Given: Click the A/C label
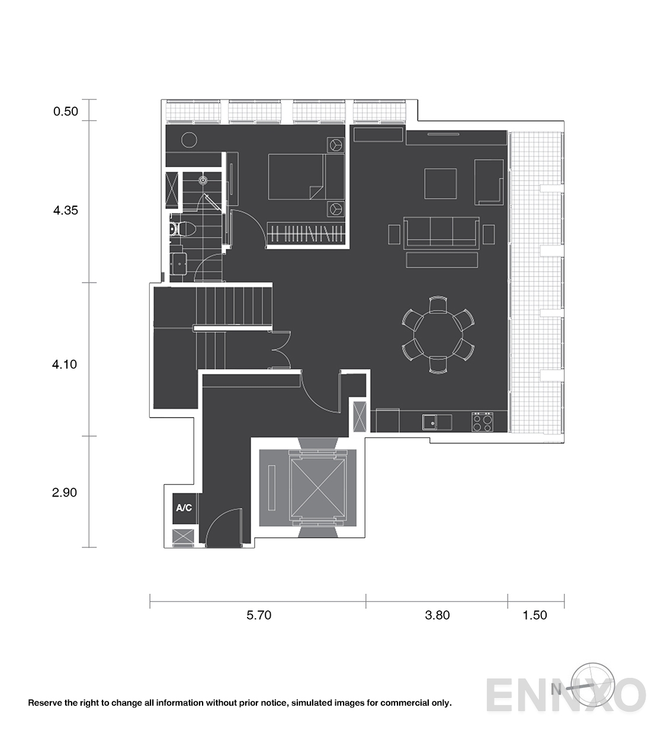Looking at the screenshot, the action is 184,508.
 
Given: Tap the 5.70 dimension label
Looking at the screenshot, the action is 259,615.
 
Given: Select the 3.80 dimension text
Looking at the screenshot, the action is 437,615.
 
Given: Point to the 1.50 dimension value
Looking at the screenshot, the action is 535,615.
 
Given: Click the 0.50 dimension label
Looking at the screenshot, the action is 66,111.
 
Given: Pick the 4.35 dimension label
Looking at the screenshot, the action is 66,210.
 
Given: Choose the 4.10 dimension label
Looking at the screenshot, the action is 65,364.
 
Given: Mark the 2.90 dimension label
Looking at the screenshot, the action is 65,492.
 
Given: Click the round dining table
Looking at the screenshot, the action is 438,335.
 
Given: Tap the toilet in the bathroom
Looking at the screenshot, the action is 182,229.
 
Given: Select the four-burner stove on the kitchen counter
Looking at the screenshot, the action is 482,422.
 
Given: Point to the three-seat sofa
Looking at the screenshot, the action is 441,232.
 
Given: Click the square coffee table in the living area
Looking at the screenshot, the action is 441,184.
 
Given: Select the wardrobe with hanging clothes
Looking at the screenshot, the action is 306,232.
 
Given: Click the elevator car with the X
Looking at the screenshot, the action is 317,488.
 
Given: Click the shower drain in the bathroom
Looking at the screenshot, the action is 203,180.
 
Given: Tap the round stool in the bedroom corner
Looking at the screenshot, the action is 189,140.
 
